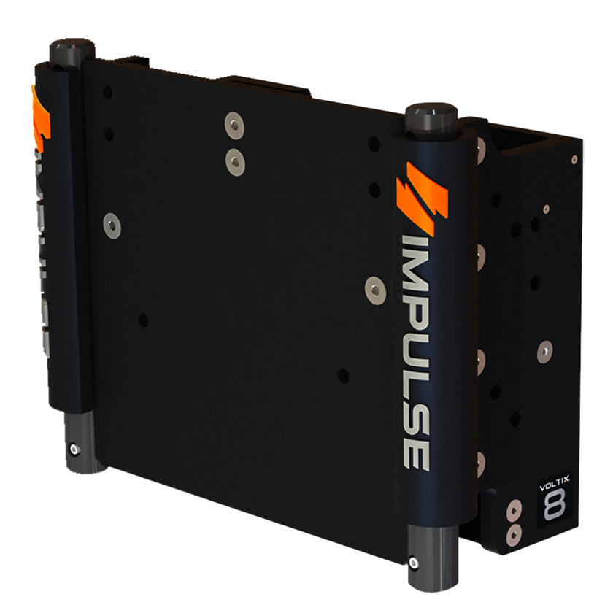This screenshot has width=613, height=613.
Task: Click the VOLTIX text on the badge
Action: coord(552,482)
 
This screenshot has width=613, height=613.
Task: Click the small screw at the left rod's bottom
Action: coord(73,448)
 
